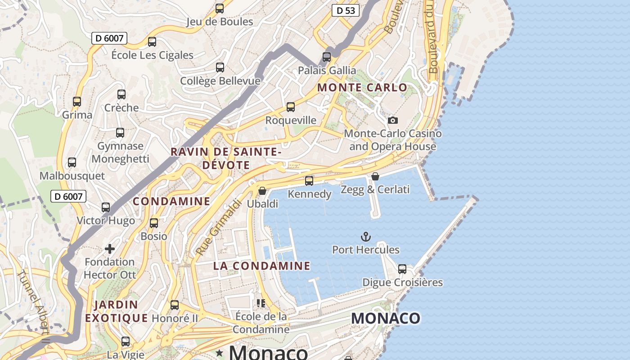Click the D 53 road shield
pos(345,10)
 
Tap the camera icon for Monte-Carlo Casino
pos(393,120)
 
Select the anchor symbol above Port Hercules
pos(366,236)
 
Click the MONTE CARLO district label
pos(362,88)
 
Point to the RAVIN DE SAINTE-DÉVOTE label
pos(226,158)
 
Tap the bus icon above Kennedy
pos(309,181)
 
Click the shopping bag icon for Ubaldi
pos(262,191)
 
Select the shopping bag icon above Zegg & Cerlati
pos(375,176)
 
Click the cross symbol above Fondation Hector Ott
pos(110,249)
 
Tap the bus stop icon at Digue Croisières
pos(402,269)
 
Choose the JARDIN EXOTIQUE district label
pos(116,311)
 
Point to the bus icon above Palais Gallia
pos(327,57)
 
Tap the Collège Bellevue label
pos(220,81)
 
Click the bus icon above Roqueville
pos(291,107)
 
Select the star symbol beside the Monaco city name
pos(220,352)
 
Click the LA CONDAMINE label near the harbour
pos(261,266)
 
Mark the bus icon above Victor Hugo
pos(106,207)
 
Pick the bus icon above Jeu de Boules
pos(220,9)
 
